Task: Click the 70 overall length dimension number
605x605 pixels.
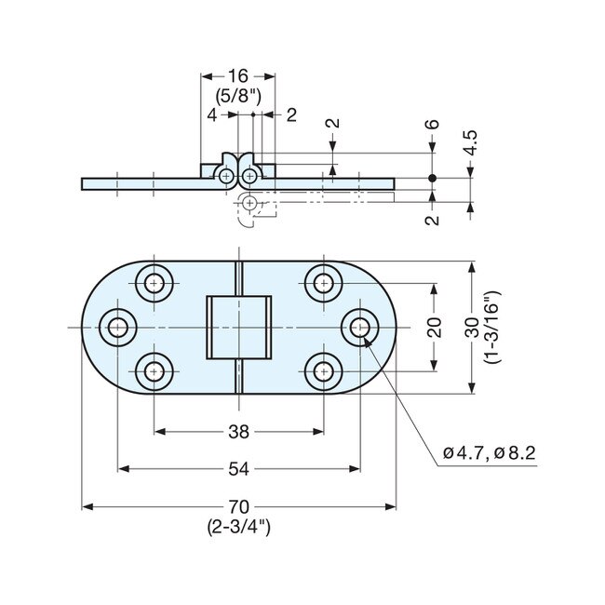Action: pyautogui.click(x=238, y=507)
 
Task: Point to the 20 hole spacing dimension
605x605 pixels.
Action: pyautogui.click(x=434, y=327)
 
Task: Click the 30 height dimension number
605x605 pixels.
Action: pyautogui.click(x=472, y=327)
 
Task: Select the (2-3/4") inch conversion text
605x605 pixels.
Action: pyautogui.click(x=238, y=526)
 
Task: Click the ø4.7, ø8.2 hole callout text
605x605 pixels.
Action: pyautogui.click(x=490, y=453)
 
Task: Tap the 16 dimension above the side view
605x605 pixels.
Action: pyautogui.click(x=238, y=76)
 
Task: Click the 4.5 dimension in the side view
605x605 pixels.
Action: pyautogui.click(x=471, y=142)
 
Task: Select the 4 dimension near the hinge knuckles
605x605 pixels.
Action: pyautogui.click(x=212, y=114)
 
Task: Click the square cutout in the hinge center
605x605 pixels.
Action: pyautogui.click(x=238, y=327)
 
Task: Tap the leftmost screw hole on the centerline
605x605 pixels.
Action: pyautogui.click(x=117, y=327)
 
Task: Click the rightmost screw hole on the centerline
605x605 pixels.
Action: pyautogui.click(x=359, y=327)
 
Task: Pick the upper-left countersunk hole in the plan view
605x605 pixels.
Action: pyautogui.click(x=154, y=281)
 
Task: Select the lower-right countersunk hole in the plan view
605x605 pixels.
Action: pyautogui.click(x=323, y=372)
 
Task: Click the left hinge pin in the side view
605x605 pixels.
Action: pyautogui.click(x=228, y=173)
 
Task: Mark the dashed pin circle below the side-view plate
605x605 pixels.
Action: pyautogui.click(x=249, y=203)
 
